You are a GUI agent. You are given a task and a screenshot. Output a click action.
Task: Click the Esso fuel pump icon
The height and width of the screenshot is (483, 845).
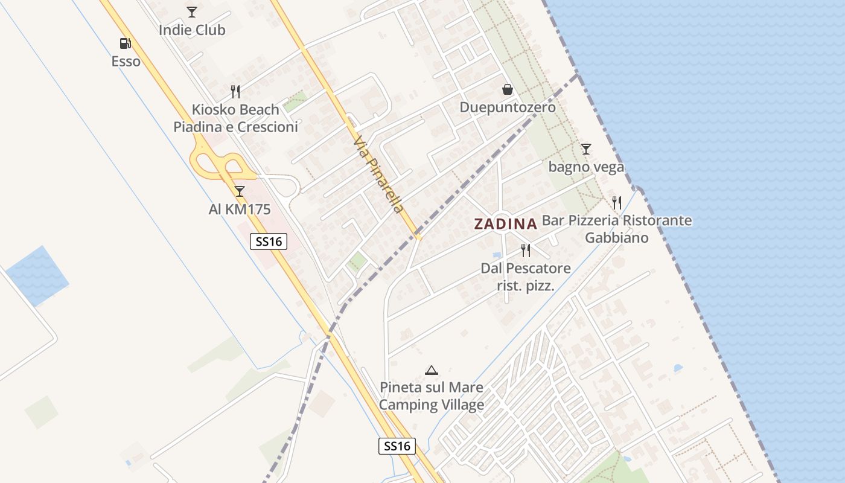pyautogui.click(x=126, y=43)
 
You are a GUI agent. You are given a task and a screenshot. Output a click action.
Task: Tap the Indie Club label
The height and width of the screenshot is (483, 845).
pyautogui.click(x=192, y=30)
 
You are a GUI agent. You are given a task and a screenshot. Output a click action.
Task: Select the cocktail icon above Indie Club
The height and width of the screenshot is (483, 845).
pyautogui.click(x=192, y=11)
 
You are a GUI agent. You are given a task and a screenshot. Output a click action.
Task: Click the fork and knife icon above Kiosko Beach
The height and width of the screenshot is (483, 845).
pyautogui.click(x=236, y=92)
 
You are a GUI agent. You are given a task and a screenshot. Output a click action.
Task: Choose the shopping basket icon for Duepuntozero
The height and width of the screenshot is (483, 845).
pyautogui.click(x=508, y=90)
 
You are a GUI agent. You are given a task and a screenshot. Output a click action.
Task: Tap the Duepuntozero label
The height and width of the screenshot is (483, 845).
pyautogui.click(x=508, y=107)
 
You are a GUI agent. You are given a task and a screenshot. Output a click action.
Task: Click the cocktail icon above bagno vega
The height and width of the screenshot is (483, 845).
pyautogui.click(x=585, y=149)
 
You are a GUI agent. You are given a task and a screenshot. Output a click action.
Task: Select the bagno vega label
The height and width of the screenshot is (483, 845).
pyautogui.click(x=585, y=167)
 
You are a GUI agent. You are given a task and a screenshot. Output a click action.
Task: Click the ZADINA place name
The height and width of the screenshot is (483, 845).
pyautogui.click(x=505, y=224)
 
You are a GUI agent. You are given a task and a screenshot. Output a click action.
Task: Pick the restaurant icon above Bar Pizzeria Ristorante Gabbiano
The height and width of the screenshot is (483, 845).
pyautogui.click(x=616, y=202)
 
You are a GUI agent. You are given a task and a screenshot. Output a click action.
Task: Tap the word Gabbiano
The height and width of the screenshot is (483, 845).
pyautogui.click(x=616, y=237)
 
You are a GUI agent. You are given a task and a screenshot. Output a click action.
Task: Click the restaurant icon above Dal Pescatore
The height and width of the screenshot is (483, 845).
pyautogui.click(x=526, y=250)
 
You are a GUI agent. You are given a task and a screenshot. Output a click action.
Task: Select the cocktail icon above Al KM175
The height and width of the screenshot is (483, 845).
pyautogui.click(x=240, y=191)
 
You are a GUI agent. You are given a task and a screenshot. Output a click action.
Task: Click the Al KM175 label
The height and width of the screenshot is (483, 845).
pyautogui.click(x=240, y=210)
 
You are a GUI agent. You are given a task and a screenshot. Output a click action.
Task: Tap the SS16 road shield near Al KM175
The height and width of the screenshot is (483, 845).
pyautogui.click(x=269, y=241)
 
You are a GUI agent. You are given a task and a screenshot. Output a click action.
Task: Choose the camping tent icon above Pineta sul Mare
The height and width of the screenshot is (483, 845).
pyautogui.click(x=431, y=370)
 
